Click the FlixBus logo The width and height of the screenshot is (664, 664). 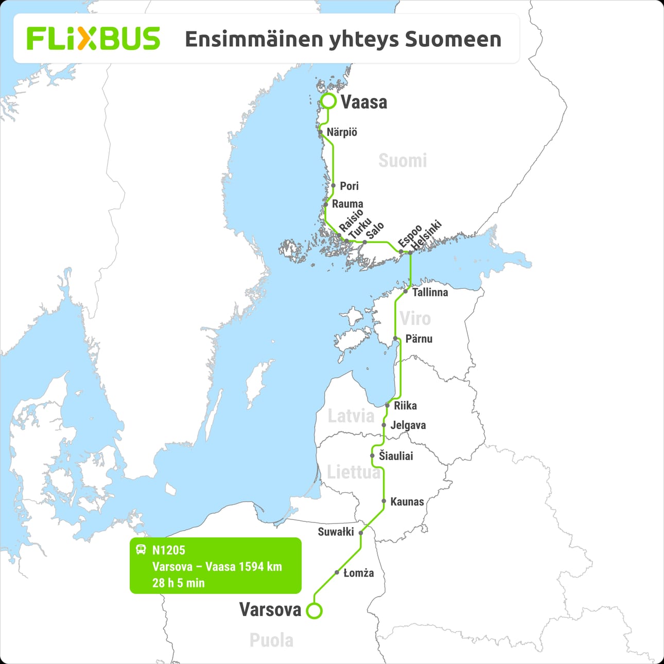[x=93, y=39]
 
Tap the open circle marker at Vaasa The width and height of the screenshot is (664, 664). [x=328, y=101]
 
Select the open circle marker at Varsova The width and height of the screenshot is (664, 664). [x=314, y=610]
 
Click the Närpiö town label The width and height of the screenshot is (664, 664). [x=342, y=132]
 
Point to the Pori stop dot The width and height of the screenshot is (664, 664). [x=334, y=186]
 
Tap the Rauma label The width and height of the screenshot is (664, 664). [x=347, y=204]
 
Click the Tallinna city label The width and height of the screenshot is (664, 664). [x=430, y=292]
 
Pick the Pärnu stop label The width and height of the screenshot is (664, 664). [x=418, y=339]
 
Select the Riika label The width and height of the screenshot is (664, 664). [x=405, y=406]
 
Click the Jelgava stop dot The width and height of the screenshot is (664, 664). [x=384, y=425]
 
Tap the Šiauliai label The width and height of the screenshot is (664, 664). [x=396, y=456]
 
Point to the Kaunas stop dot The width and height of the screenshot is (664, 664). [x=384, y=501]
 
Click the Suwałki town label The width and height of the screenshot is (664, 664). [x=336, y=532]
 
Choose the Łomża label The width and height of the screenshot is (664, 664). [x=358, y=573]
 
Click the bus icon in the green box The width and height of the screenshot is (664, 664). [x=141, y=549]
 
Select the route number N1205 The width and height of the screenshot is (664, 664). [x=168, y=550]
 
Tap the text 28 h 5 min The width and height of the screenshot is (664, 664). [x=178, y=583]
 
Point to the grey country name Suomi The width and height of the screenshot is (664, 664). [x=403, y=161]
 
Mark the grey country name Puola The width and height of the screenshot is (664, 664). [x=271, y=640]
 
